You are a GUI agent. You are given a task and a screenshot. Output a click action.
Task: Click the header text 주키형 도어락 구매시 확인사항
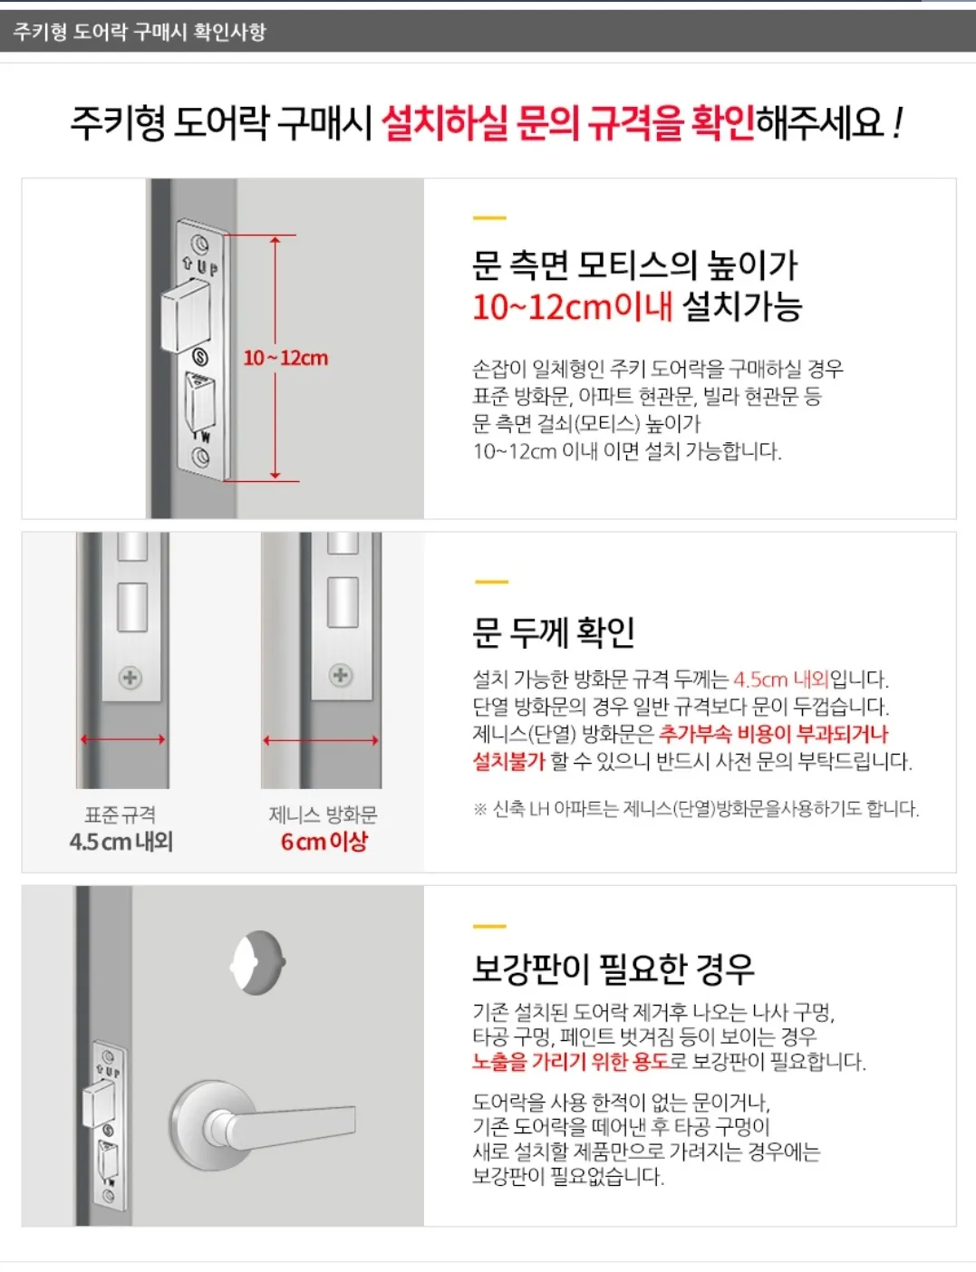140,32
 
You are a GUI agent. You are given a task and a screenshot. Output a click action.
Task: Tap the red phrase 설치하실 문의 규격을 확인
566,122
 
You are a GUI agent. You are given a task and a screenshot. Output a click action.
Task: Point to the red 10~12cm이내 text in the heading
572,307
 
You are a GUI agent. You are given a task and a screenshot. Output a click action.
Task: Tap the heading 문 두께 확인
553,631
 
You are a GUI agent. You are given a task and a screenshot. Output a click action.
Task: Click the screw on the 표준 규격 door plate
130,678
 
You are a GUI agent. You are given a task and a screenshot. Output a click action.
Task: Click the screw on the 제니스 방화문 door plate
341,675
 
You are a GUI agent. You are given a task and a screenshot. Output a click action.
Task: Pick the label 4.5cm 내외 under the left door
121,842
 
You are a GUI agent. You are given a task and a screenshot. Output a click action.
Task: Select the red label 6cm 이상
324,842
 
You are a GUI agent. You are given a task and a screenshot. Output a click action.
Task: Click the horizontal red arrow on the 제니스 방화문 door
321,740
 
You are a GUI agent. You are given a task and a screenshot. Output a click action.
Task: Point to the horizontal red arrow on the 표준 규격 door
123,739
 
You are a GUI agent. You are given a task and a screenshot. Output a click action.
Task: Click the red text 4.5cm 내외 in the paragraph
780,679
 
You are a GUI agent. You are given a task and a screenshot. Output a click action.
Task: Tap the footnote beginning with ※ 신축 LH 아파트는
695,808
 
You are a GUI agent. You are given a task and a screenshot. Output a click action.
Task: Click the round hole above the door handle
258,962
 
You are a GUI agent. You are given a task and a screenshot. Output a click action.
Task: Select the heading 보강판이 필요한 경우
613,968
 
